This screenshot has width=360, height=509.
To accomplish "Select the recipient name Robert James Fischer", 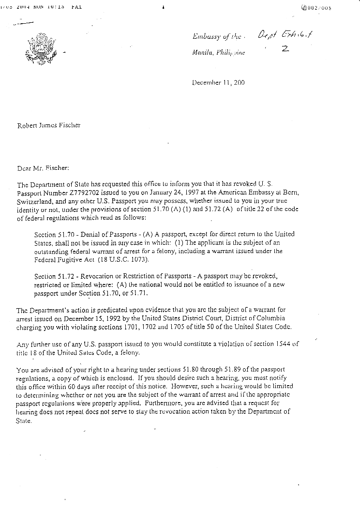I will (x=49, y=125).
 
